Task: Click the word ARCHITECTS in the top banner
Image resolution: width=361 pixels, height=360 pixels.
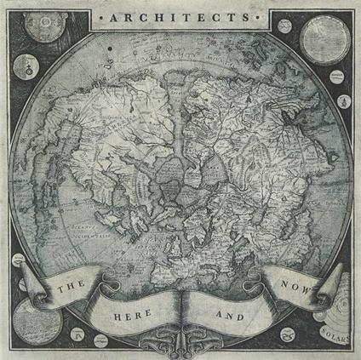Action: click(x=180, y=17)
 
